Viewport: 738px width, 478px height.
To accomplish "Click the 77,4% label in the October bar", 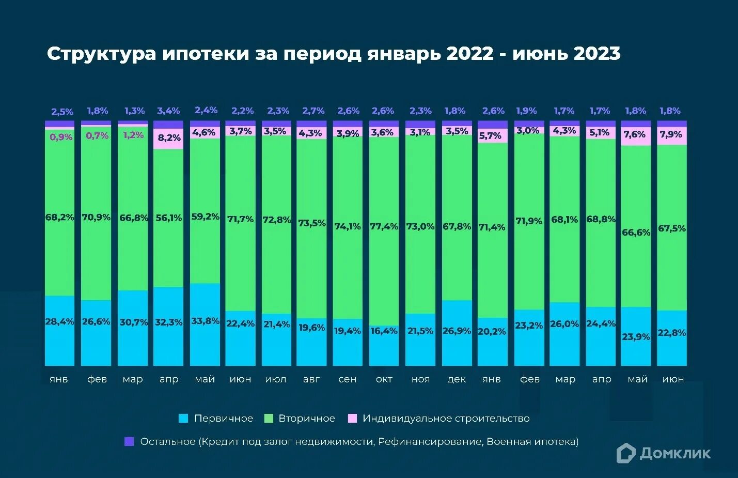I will point(384,226).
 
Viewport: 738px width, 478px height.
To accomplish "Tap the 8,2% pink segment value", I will point(169,138).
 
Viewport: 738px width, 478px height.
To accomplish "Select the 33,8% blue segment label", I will point(205,321).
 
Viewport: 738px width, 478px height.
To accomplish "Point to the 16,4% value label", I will point(384,331).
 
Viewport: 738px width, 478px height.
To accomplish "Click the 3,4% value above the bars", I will point(168,111).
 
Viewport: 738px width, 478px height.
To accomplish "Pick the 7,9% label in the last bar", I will point(671,134).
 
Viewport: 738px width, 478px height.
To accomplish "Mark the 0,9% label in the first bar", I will point(61,137).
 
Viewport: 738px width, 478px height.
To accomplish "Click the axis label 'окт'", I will point(384,379).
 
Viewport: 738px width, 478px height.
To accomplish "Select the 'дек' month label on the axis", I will point(457,379).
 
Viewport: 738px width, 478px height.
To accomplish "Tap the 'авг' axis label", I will point(311,379).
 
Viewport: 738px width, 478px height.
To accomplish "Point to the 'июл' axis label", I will point(276,379).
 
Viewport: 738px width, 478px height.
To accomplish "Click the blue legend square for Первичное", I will point(183,419).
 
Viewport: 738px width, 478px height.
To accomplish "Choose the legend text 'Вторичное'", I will point(307,419).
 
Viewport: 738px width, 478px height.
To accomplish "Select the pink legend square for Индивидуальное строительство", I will point(352,419).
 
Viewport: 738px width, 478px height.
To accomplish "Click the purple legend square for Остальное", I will point(129,441).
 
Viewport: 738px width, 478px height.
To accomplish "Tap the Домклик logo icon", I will point(625,453).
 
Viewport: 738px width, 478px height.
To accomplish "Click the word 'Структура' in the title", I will point(101,54).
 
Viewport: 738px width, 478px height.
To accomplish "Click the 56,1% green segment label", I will point(169,218).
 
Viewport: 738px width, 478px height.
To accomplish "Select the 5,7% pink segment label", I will point(490,136).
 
